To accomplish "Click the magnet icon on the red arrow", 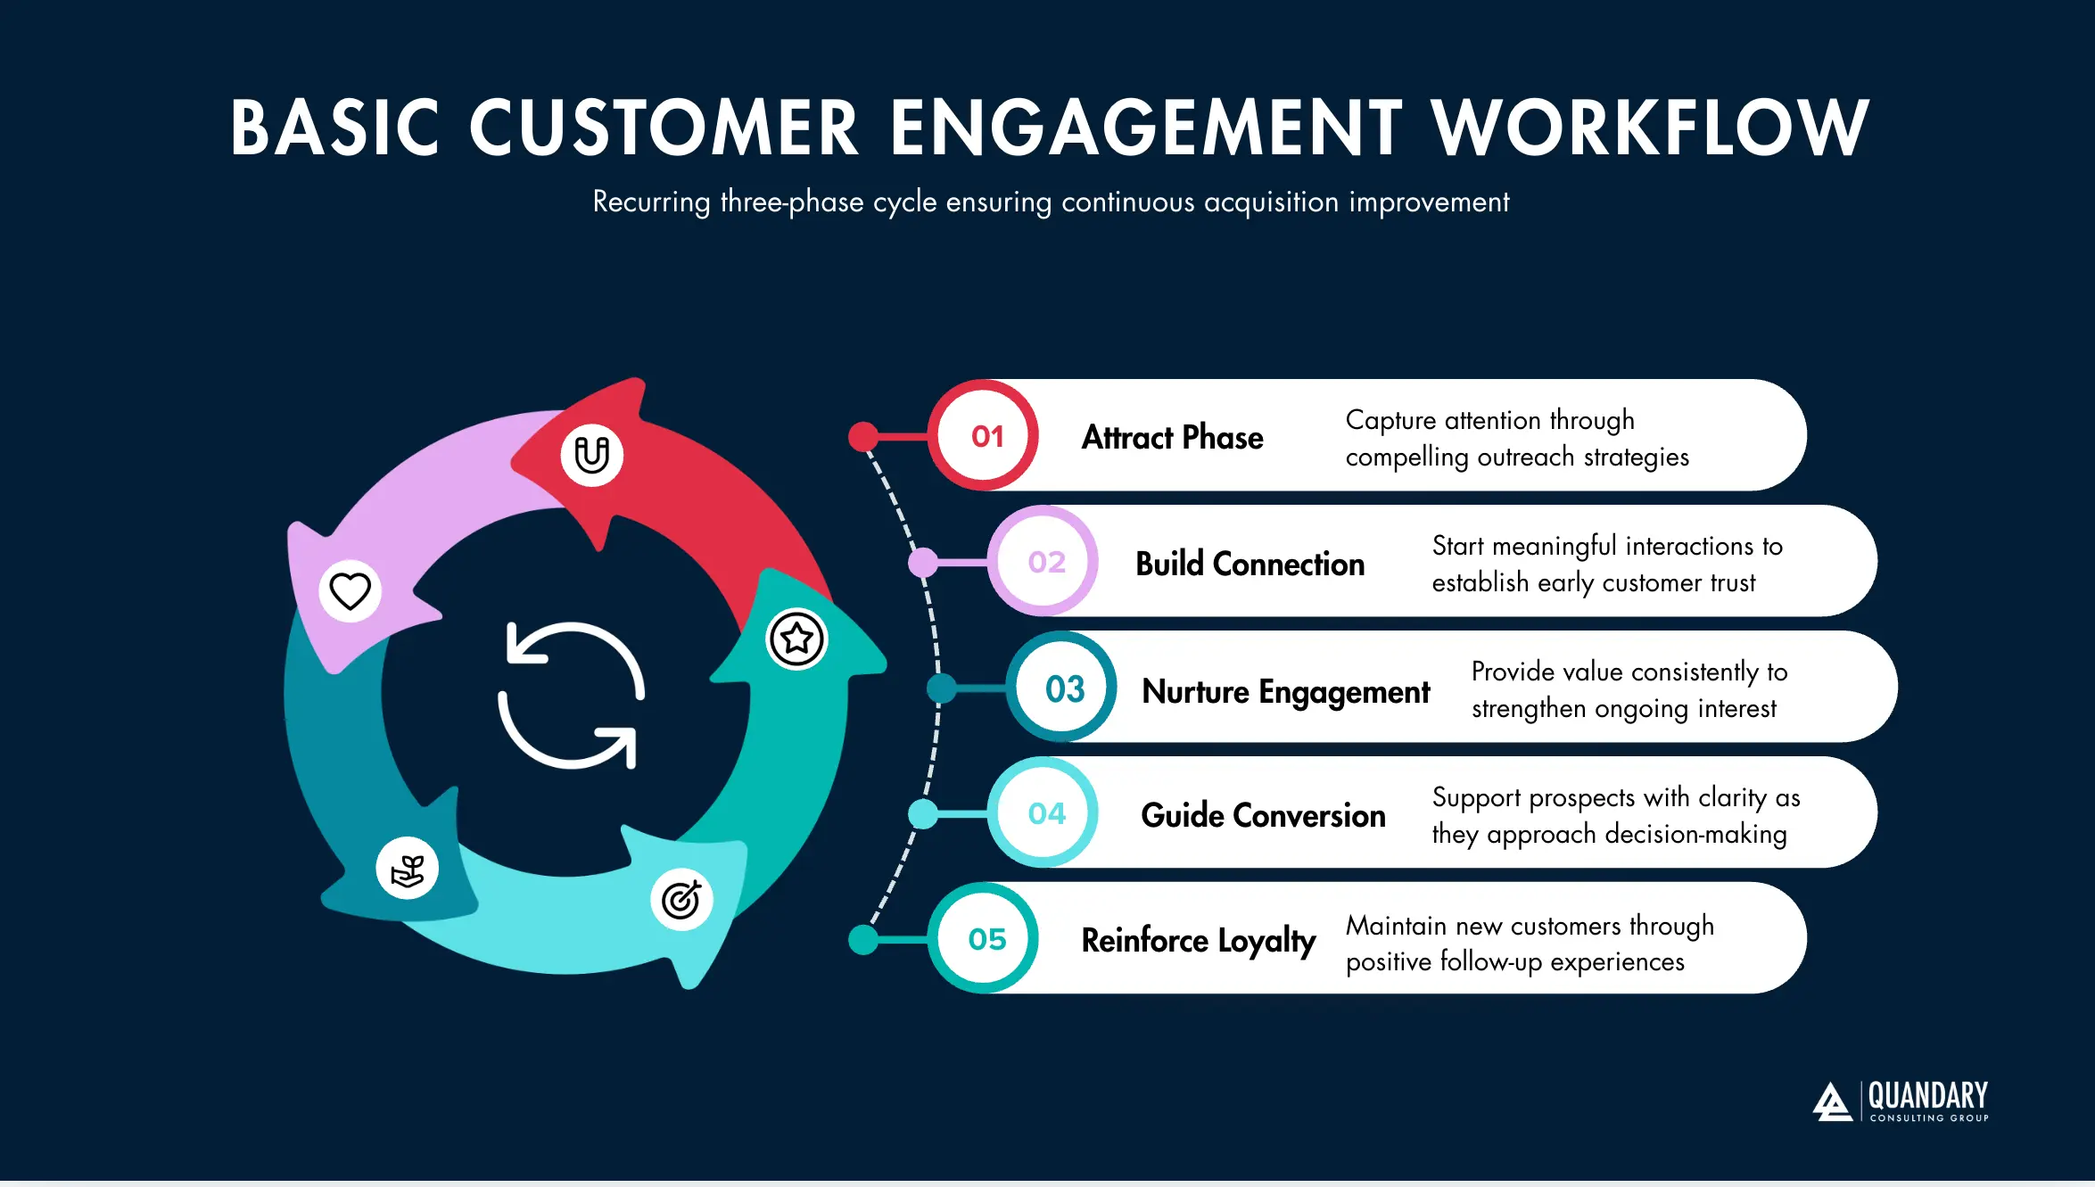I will [591, 455].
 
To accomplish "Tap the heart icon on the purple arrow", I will [350, 590].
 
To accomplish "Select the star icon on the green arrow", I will [796, 639].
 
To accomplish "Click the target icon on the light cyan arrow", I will [681, 899].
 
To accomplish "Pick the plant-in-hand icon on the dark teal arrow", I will [408, 869].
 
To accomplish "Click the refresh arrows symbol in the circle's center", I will [571, 695].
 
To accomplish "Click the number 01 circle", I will [986, 436].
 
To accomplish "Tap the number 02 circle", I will [1045, 562].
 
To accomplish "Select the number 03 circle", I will [1064, 688].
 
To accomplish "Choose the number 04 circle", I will [1045, 813].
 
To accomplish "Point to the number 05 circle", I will [986, 939].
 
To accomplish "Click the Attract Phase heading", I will [1172, 437].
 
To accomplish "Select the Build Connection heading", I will [1250, 564].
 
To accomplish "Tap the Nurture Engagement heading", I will [1285, 691].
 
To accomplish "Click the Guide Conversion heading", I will [1263, 815].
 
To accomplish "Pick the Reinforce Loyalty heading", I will [1198, 941].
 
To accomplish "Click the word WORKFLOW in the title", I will [1650, 128].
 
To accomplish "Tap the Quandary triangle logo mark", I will [1833, 1102].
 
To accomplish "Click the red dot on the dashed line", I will [863, 436].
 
